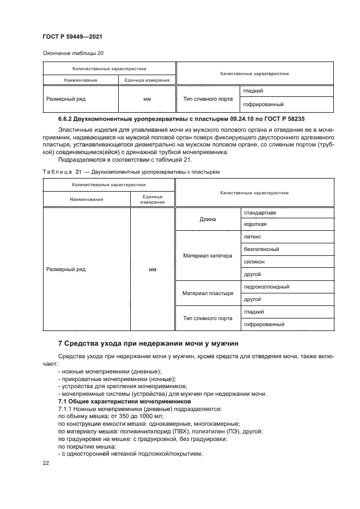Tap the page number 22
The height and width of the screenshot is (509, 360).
coord(45,463)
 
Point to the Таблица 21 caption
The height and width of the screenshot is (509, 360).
coord(131,172)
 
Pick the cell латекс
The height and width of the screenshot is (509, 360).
coord(253,237)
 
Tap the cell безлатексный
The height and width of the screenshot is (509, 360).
coord(262,249)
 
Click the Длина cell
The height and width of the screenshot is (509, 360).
coord(208,219)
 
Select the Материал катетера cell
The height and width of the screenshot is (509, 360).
coord(208,255)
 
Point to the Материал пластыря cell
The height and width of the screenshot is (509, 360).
coord(208,293)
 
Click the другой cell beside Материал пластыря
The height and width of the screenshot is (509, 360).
coord(253,299)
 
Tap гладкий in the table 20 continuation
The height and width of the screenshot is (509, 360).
coord(254,91)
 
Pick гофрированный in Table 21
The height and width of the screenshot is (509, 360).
coord(264,324)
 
